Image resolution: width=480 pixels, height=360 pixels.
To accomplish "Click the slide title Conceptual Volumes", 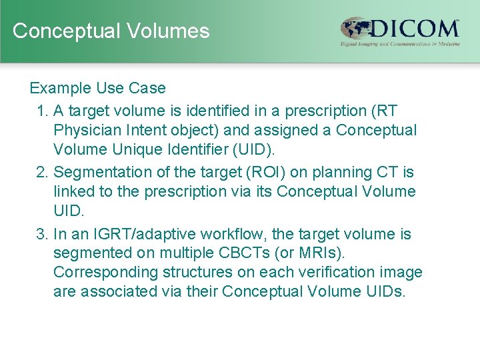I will click(x=111, y=31).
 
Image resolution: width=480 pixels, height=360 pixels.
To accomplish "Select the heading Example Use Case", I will click(x=97, y=88).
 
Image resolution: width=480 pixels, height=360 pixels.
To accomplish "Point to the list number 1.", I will click(x=41, y=110).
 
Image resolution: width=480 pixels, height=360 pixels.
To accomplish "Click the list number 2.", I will click(x=41, y=172).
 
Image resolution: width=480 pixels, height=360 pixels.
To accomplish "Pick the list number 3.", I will click(x=41, y=234).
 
